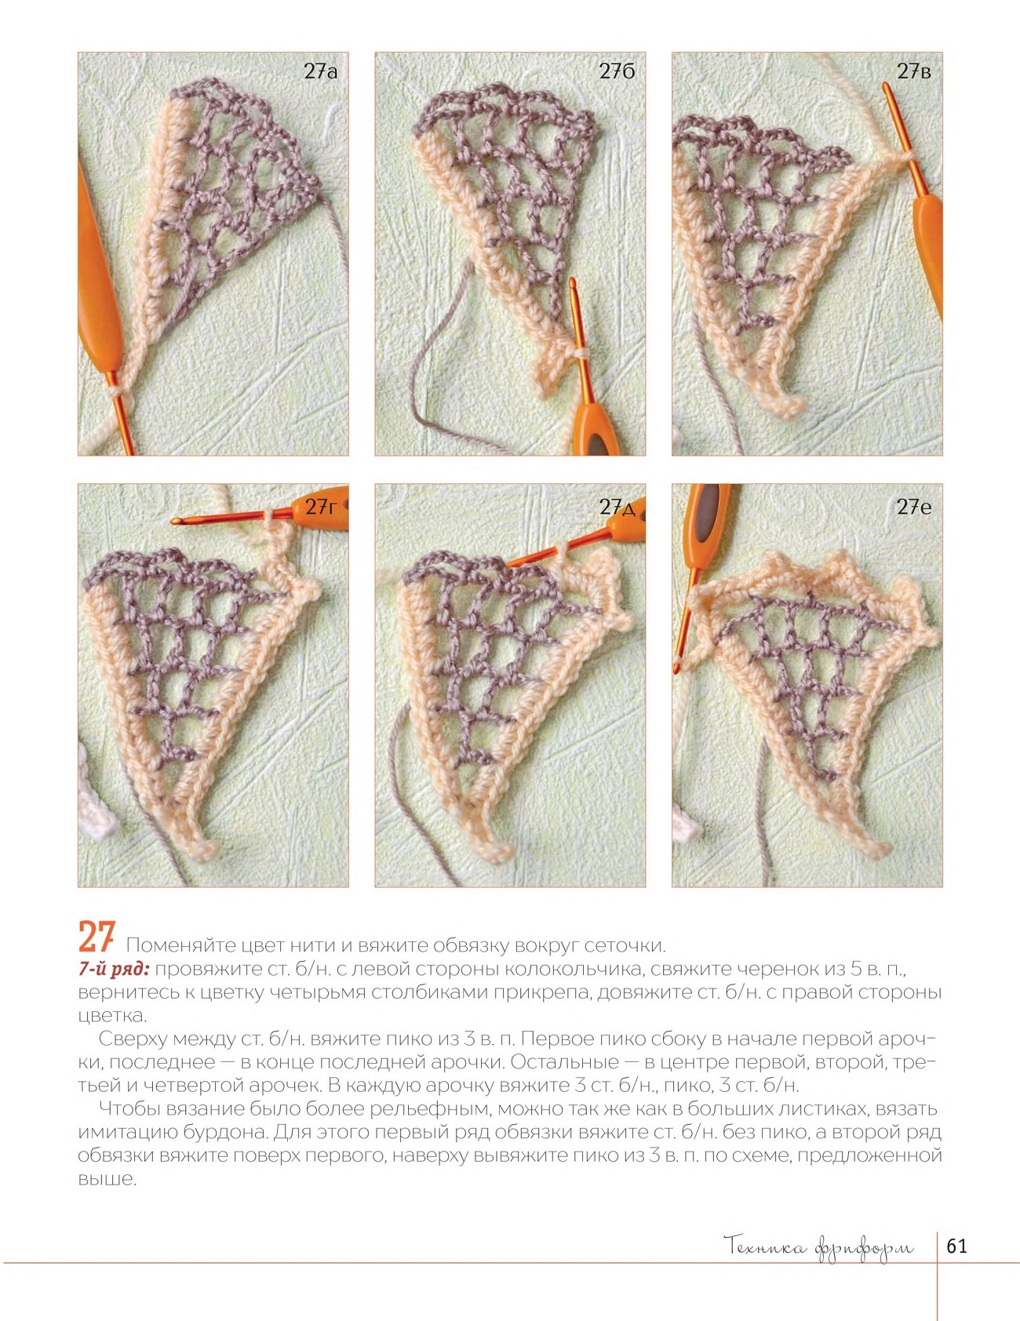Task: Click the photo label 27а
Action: coord(320,71)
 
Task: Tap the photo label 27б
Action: coord(617,71)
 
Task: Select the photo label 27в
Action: coord(914,71)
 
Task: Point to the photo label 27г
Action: coord(320,507)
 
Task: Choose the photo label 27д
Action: coord(617,508)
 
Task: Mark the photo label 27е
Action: coord(914,507)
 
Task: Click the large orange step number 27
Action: coord(97,937)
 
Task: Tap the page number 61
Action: coord(956,1246)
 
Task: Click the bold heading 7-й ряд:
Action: coord(114,969)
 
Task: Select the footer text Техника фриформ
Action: coord(818,1247)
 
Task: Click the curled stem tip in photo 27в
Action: coord(794,403)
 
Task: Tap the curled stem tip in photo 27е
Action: coord(880,850)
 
